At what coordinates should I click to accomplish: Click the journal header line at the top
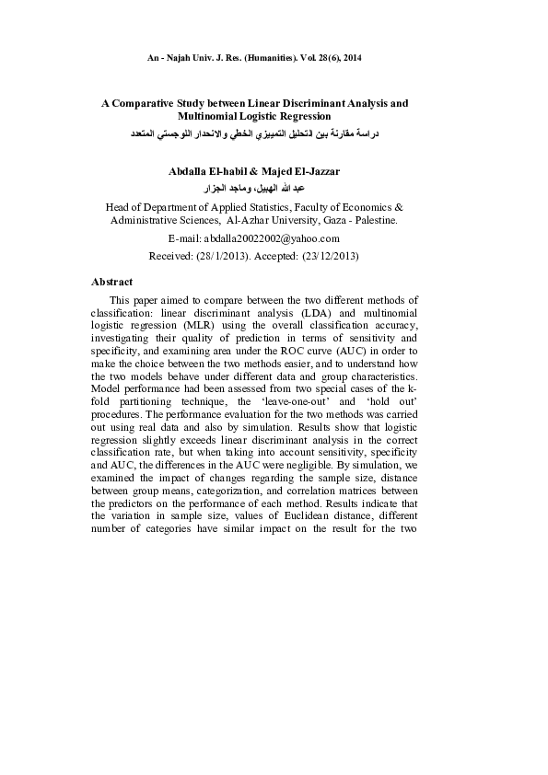point(254,58)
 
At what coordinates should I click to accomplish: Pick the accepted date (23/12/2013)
point(325,255)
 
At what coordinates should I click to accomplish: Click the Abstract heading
point(112,282)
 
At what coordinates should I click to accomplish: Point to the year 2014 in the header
point(350,58)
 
